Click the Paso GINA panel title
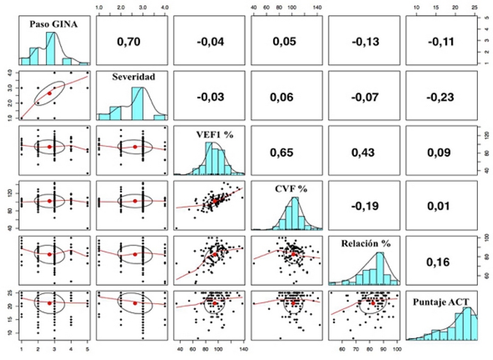[x=55, y=24]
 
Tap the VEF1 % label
[x=210, y=134]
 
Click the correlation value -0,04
[x=210, y=41]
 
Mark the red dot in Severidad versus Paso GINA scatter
[x=50, y=93]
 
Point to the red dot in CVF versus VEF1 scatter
[x=215, y=200]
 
